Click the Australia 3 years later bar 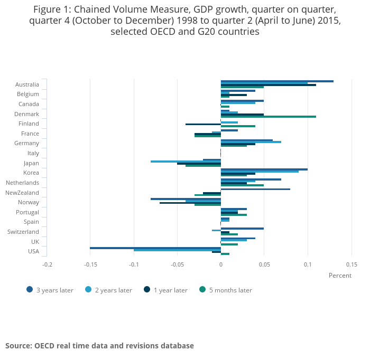277,81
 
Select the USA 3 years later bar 155,248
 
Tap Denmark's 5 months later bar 268,117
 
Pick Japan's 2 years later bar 186,162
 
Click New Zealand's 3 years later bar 255,189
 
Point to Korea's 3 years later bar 264,169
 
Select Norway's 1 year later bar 190,203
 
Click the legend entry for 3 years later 50,290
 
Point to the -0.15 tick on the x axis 90,264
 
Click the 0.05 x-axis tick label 264,264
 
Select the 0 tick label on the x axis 221,264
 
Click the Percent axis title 340,276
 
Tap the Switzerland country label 23,232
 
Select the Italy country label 33,153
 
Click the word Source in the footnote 18,346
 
